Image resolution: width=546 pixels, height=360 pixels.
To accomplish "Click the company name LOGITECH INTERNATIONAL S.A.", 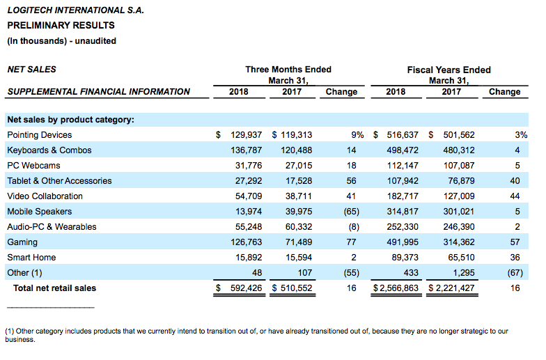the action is [x=75, y=10].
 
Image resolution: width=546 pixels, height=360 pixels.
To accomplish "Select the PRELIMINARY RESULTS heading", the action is [x=61, y=25].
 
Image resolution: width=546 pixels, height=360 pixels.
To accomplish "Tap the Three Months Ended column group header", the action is [x=288, y=70].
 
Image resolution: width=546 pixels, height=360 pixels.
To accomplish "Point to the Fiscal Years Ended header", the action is [x=448, y=70].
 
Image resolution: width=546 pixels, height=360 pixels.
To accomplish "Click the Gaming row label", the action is [x=22, y=242].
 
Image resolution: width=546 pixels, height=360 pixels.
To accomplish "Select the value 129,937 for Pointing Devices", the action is [x=247, y=135].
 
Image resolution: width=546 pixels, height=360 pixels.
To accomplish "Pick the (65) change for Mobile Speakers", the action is [x=351, y=212].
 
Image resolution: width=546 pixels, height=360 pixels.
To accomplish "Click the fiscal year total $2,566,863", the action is [x=396, y=288].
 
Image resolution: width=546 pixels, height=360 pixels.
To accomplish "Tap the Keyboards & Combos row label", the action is [x=49, y=150].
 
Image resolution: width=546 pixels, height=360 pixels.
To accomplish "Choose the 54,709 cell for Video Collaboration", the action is [x=249, y=196].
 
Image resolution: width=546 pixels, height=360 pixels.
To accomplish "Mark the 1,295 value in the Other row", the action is [x=464, y=273].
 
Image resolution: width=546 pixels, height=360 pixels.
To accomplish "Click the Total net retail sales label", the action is [x=54, y=288].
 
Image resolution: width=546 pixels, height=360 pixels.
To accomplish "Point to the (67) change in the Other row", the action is [x=515, y=273].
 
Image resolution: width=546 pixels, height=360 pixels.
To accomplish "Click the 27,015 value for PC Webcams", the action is [x=299, y=166].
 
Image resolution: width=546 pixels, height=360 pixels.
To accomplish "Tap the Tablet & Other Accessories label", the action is [x=60, y=181].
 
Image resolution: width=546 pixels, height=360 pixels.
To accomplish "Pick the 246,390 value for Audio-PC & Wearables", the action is [x=459, y=227].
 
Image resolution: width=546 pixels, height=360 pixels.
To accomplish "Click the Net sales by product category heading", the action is [x=71, y=120].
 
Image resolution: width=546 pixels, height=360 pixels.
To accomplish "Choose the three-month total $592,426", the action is [x=239, y=288].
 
